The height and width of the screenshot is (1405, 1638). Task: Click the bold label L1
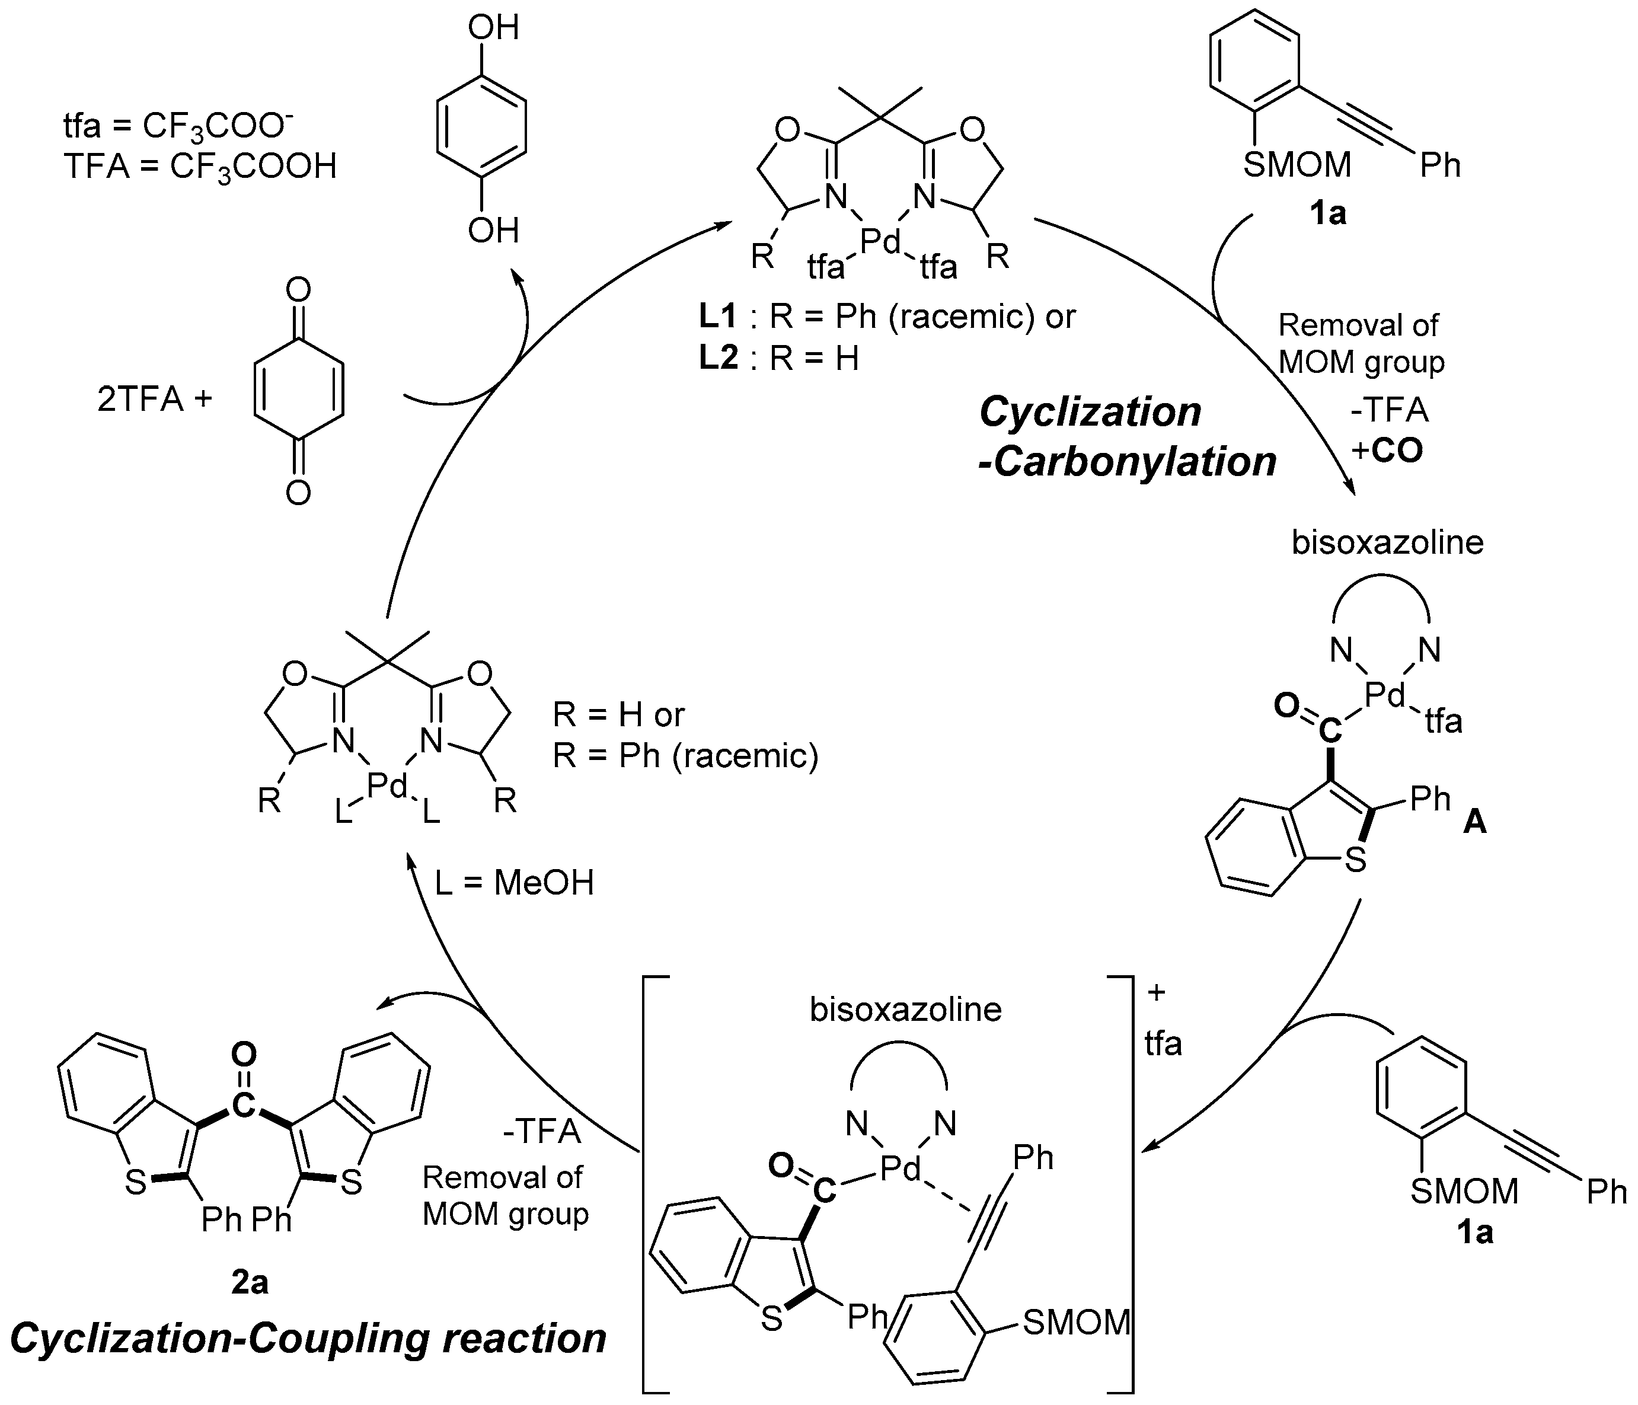coord(717,317)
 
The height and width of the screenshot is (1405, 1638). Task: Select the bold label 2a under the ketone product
coord(250,1282)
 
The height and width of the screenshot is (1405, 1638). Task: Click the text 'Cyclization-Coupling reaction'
coord(308,1338)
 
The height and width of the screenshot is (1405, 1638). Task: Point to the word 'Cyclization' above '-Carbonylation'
coord(1090,412)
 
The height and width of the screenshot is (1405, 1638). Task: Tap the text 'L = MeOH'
coord(515,883)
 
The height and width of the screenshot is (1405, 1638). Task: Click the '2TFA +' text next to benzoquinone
coord(155,400)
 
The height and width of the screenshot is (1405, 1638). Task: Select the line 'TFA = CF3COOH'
coord(200,167)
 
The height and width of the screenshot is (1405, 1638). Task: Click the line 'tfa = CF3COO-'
coord(178,125)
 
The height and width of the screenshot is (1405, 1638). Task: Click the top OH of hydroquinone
coord(493,28)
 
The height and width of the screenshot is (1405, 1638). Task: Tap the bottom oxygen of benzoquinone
coord(298,493)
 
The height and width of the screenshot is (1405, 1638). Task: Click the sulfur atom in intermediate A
coord(1355,860)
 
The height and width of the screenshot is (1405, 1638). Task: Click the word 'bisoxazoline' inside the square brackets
coord(905,1010)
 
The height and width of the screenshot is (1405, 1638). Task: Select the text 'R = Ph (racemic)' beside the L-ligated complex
coord(685,756)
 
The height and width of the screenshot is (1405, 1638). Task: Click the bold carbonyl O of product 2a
coord(245,1054)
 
